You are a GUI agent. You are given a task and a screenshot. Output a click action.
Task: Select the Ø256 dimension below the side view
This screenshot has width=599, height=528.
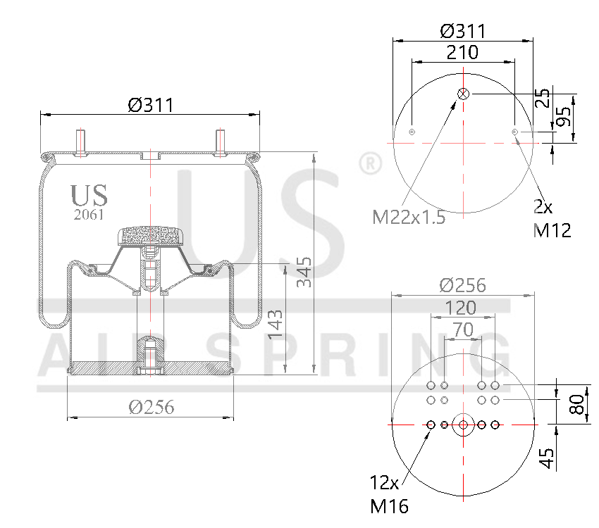(151, 407)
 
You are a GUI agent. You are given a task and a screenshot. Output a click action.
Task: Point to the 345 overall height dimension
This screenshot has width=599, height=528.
(304, 272)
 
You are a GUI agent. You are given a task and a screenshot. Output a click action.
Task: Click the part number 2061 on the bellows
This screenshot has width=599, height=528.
(89, 215)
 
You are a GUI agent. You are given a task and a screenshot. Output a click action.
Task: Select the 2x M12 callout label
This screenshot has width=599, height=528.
(551, 218)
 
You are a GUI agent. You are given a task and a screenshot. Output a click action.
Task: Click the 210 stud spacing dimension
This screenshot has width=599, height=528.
(462, 52)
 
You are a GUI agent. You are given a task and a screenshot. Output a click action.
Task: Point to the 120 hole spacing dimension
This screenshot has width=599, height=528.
(462, 308)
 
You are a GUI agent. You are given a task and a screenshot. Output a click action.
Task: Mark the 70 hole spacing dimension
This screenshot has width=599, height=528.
(462, 329)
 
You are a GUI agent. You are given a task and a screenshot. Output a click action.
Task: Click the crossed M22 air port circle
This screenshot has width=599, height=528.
(464, 94)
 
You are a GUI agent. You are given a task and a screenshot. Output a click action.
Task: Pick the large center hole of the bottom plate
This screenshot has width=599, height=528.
(463, 425)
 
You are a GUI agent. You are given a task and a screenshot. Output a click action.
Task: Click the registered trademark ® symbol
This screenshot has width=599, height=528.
(367, 163)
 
